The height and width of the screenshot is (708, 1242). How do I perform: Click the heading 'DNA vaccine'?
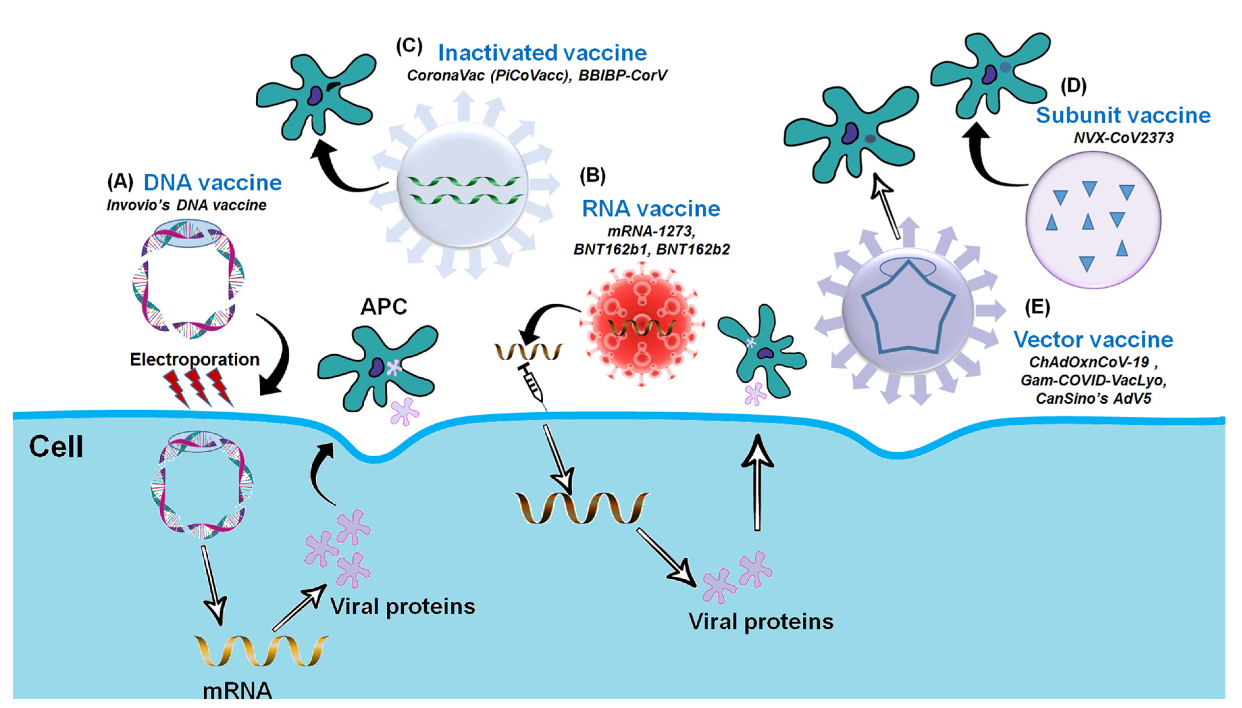pyautogui.click(x=213, y=183)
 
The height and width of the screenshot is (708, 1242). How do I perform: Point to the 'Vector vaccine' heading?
pyautogui.click(x=1093, y=340)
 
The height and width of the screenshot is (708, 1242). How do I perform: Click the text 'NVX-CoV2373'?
pyautogui.click(x=1123, y=138)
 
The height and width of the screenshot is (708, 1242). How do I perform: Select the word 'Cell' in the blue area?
pyautogui.click(x=56, y=446)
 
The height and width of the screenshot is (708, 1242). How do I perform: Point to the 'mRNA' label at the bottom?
pyautogui.click(x=237, y=691)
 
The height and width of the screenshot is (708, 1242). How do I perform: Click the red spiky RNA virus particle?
pyautogui.click(x=641, y=323)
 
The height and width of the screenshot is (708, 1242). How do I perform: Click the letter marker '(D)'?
pyautogui.click(x=1073, y=86)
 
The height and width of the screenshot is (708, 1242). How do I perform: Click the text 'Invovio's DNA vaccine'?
pyautogui.click(x=186, y=205)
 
